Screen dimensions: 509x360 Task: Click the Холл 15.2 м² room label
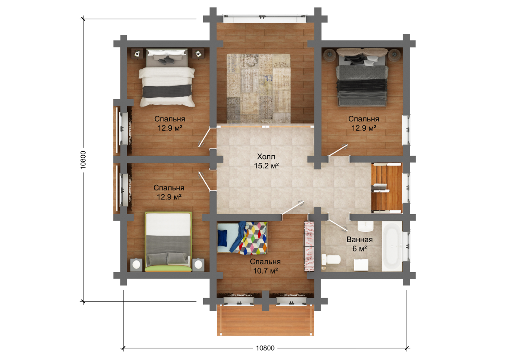266,161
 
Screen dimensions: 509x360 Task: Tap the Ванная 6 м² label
360,244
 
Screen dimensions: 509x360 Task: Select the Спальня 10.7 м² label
265,266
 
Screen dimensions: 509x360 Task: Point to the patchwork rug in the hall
259,89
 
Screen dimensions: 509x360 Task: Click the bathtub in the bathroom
392,246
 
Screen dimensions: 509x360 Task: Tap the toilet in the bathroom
331,260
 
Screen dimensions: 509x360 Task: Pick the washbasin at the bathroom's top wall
366,226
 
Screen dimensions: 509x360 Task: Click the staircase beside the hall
387,188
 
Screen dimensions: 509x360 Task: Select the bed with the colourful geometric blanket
242,238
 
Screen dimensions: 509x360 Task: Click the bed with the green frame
168,242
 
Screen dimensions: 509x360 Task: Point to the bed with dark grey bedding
362,77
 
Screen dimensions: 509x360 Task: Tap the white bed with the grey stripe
167,78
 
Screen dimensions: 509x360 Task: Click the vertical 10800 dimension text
83,160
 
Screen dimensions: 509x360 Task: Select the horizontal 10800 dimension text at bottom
265,348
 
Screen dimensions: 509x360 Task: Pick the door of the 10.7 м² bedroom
292,208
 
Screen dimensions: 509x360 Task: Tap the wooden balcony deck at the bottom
265,320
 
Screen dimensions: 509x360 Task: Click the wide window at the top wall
265,18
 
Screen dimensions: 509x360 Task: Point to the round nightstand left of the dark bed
329,55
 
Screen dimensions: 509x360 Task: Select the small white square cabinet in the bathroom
361,265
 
